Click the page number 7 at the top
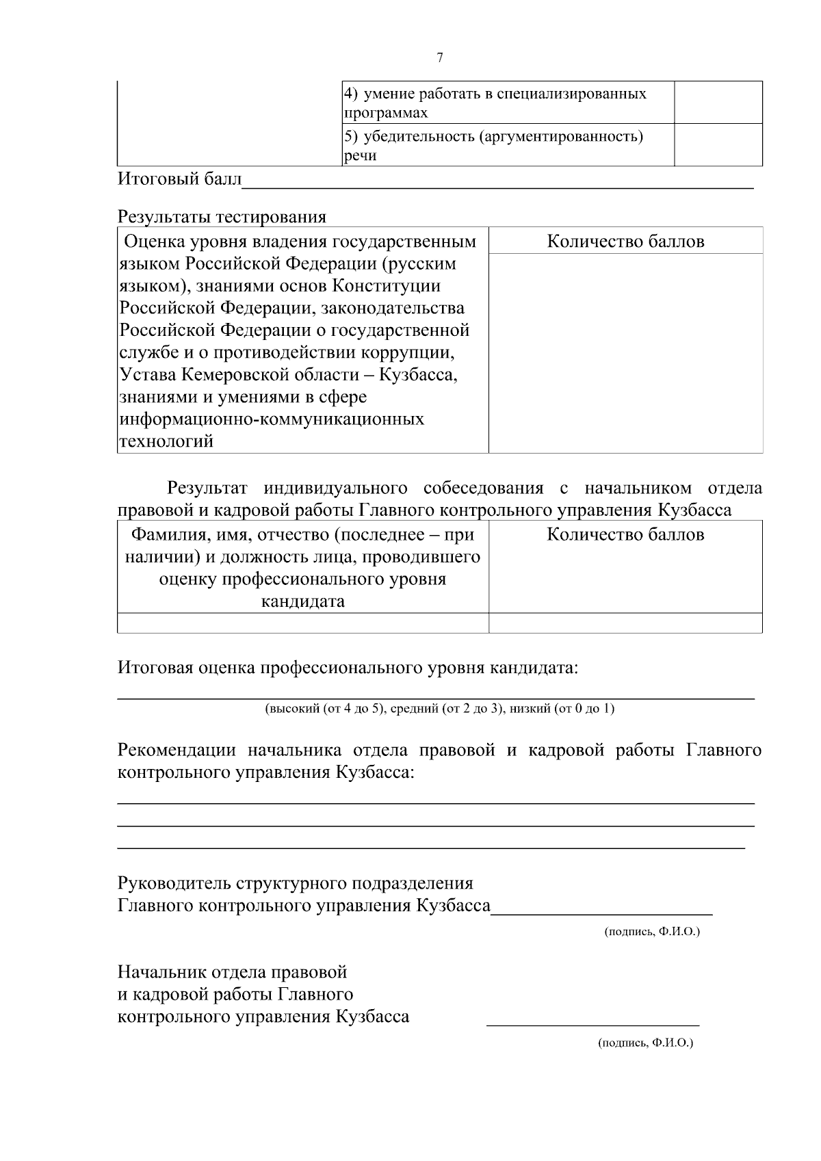pyautogui.click(x=439, y=58)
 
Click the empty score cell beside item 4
pyautogui.click(x=718, y=102)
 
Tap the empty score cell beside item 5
pyautogui.click(x=718, y=144)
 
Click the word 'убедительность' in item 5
pyautogui.click(x=419, y=136)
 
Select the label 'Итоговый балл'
pyautogui.click(x=180, y=179)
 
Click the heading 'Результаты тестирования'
pyautogui.click(x=222, y=217)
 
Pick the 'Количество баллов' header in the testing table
pyautogui.click(x=625, y=242)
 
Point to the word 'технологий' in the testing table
pyautogui.click(x=166, y=441)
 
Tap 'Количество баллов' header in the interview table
pyautogui.click(x=625, y=534)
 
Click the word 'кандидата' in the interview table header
pyautogui.click(x=302, y=602)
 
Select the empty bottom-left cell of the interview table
pyautogui.click(x=302, y=623)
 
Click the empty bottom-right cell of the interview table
pyautogui.click(x=625, y=623)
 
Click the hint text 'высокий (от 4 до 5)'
pyautogui.click(x=326, y=709)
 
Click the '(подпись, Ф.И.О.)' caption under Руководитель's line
pyautogui.click(x=652, y=932)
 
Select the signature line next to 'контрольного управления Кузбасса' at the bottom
pyautogui.click(x=592, y=1024)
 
